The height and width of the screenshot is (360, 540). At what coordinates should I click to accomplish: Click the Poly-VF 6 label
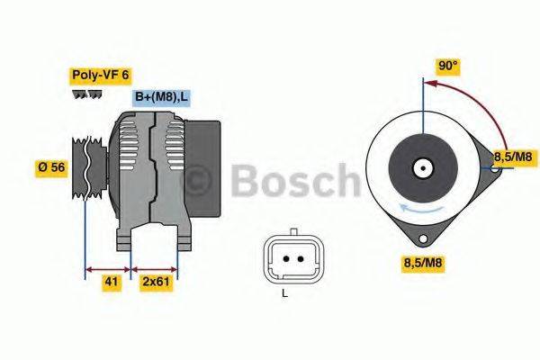99,76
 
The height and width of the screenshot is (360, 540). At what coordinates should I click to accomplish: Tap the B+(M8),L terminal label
163,96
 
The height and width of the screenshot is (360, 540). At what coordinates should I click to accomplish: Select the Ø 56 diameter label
52,168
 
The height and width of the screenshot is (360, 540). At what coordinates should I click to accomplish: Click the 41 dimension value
111,282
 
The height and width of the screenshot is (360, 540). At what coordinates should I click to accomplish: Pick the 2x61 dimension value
157,282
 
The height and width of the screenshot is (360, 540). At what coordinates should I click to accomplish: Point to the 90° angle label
447,66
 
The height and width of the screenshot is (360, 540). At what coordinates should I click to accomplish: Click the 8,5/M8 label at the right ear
510,157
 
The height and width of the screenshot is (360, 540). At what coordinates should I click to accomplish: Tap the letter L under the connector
285,293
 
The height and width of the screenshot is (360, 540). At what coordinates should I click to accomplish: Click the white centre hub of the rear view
421,167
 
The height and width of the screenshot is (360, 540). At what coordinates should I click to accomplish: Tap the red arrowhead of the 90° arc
428,83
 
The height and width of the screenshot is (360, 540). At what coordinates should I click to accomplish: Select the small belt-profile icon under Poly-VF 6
86,94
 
